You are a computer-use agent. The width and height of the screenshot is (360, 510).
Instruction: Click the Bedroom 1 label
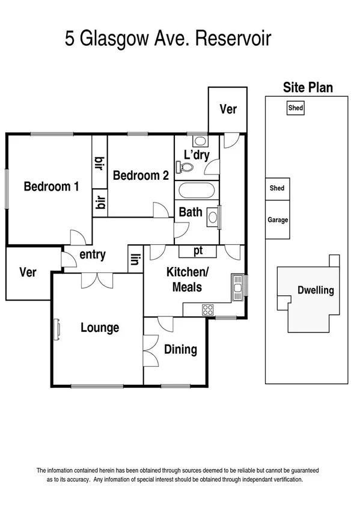click(51, 186)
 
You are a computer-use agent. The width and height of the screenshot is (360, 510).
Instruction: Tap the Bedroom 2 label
click(141, 176)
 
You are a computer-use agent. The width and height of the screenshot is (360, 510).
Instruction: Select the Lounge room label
click(100, 328)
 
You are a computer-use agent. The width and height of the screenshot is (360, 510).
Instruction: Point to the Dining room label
click(180, 349)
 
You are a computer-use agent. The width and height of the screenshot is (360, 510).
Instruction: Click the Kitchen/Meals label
click(187, 279)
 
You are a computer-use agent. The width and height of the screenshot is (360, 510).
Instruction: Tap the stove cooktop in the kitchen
click(208, 310)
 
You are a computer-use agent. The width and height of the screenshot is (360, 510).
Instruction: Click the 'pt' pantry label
click(197, 250)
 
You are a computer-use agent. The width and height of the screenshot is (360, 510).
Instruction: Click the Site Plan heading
click(308, 88)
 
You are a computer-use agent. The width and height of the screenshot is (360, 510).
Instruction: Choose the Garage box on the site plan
click(278, 220)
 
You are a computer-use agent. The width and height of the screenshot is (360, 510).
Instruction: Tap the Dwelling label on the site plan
click(316, 290)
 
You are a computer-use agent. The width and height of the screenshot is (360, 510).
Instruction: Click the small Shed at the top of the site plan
click(295, 108)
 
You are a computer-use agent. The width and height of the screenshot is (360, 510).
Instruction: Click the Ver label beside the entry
click(28, 272)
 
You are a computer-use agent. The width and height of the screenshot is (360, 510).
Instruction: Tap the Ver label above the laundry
click(228, 109)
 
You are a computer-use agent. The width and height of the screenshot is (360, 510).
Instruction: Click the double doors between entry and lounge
click(96, 279)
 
